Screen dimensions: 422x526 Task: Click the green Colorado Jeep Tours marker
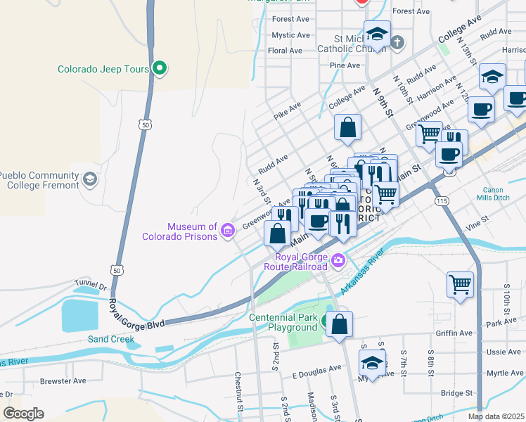coord(160,68)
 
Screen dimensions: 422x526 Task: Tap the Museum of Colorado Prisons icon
coord(227,231)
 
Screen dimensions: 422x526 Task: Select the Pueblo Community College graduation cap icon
coord(89,179)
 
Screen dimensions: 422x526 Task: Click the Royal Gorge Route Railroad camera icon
coord(338,261)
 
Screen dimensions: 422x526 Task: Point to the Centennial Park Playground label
coord(283,322)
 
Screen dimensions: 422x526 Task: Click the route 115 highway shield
coord(442,201)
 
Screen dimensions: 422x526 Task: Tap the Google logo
coord(23,414)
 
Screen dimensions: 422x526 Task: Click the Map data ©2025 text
coord(495,416)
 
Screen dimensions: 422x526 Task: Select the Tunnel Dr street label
coord(90,286)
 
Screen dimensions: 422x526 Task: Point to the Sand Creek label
coord(110,339)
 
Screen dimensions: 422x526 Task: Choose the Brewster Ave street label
coord(63,381)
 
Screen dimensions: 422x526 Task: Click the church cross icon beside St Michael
coord(397,41)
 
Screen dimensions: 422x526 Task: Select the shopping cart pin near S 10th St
coord(460,285)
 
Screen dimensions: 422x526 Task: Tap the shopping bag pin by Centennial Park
coord(339,324)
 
